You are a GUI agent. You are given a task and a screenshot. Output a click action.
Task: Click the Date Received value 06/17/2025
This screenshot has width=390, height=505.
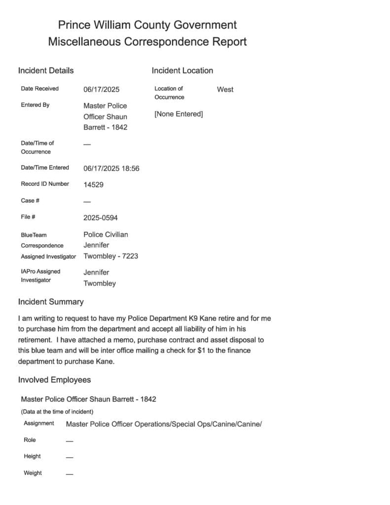click(x=102, y=89)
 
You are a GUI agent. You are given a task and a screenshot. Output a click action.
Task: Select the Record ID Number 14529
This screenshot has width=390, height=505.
click(x=94, y=184)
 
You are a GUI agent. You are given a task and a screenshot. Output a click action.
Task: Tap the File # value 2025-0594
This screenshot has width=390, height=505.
click(x=101, y=217)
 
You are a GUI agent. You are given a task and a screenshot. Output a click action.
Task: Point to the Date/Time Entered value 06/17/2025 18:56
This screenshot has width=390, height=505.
click(x=111, y=168)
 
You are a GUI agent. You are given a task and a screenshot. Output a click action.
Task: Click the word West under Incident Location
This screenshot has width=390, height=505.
click(x=225, y=89)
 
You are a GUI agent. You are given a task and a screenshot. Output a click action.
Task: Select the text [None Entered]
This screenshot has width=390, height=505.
click(x=178, y=114)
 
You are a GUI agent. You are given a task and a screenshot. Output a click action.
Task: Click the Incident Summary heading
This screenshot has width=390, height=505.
click(x=51, y=301)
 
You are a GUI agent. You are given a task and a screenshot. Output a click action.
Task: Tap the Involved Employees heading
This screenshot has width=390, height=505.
click(x=54, y=380)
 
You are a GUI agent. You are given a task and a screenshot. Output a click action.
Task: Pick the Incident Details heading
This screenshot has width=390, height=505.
click(x=46, y=71)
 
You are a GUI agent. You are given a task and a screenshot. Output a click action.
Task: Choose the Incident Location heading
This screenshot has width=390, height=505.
click(x=182, y=71)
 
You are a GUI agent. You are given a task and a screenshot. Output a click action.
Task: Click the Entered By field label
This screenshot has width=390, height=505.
click(x=35, y=105)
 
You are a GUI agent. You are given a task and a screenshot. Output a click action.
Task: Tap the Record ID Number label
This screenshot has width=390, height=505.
click(x=45, y=184)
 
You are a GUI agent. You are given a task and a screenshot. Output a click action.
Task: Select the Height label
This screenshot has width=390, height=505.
click(x=32, y=456)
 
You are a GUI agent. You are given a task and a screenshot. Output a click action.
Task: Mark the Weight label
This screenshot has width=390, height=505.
click(x=33, y=473)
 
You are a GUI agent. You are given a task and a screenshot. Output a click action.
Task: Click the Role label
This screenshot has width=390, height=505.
click(x=30, y=440)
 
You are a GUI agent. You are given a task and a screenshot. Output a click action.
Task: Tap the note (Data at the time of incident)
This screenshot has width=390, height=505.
click(x=57, y=411)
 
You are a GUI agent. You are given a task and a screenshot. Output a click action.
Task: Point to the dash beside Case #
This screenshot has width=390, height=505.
click(x=87, y=201)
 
